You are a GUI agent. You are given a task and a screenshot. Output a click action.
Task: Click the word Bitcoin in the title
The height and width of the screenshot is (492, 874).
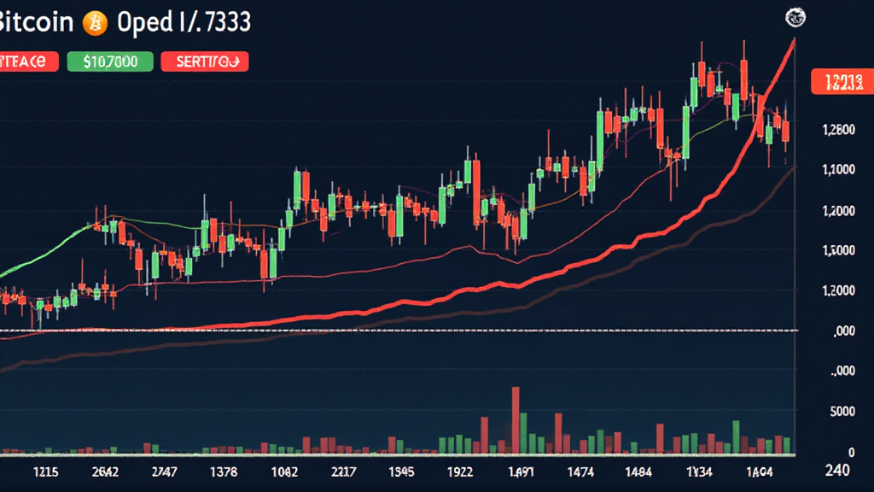point(36,23)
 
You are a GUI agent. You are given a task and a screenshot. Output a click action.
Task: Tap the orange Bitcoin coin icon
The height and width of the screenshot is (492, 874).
point(94,24)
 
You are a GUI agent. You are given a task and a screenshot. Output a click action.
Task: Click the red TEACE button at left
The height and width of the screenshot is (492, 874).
point(28,61)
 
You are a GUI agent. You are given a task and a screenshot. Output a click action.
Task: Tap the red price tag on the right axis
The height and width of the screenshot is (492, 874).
point(840,82)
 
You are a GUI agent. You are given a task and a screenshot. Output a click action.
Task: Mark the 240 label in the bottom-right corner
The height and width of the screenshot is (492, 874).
point(841,471)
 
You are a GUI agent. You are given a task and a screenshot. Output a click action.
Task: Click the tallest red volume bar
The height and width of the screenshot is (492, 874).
point(516,419)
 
